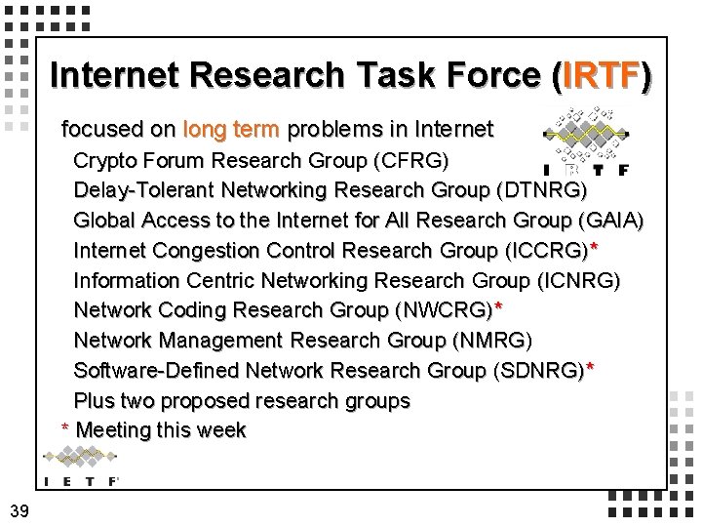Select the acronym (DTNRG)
541,189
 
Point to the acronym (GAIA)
609,220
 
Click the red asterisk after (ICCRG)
594,248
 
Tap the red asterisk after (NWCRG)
498,308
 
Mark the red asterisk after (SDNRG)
590,369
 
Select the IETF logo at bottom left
83,466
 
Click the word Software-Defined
157,371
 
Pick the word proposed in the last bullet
204,401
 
